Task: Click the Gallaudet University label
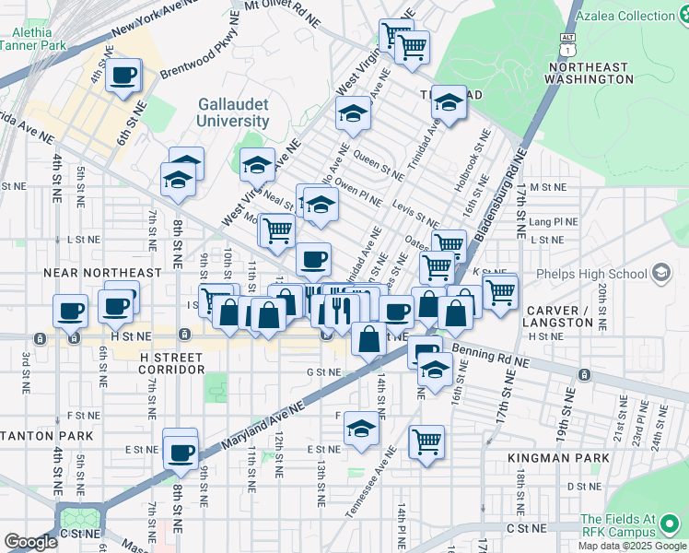[234, 112]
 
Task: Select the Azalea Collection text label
[632, 16]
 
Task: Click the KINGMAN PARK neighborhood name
[559, 458]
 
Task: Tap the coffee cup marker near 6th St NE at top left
[123, 76]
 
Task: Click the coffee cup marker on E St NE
[181, 452]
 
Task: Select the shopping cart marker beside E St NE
[426, 442]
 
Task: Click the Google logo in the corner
[31, 543]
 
